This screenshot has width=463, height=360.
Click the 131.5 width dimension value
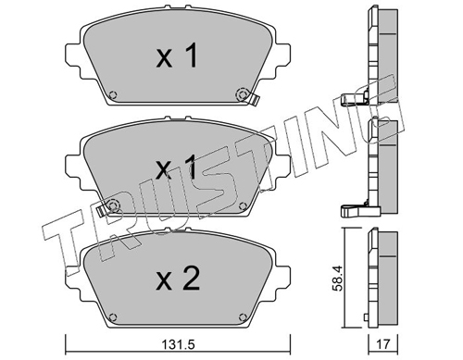pyautogui.click(x=179, y=344)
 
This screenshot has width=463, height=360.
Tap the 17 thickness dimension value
pyautogui.click(x=382, y=344)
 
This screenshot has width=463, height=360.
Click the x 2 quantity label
pyautogui.click(x=178, y=279)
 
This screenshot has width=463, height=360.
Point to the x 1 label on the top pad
pyautogui.click(x=177, y=56)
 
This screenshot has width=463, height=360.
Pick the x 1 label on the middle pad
pyautogui.click(x=176, y=167)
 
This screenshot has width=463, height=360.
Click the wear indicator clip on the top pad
pyautogui.click(x=255, y=99)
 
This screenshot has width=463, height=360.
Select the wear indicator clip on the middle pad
pyautogui.click(x=101, y=211)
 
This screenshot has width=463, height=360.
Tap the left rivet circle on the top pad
pyautogui.click(x=113, y=94)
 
